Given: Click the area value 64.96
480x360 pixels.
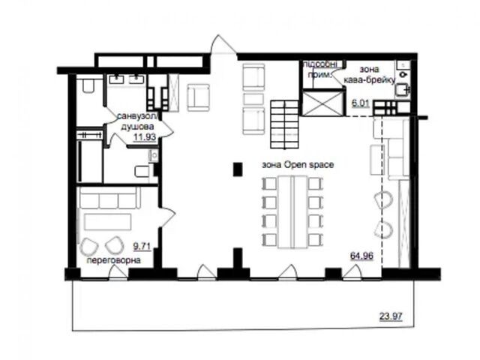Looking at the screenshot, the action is click(361, 255).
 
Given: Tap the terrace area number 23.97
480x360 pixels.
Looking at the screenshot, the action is click(391, 316).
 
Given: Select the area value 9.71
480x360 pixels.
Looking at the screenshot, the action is click(142, 247).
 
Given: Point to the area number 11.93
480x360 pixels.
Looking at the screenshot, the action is click(145, 136).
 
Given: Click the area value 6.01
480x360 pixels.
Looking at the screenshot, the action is click(361, 103).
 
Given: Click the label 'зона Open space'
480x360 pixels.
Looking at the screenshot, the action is click(298, 165).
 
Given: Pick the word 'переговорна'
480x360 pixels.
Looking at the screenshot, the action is click(113, 260).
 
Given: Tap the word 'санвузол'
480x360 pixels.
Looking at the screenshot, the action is click(136, 116).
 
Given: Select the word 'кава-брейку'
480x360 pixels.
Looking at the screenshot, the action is click(370, 80).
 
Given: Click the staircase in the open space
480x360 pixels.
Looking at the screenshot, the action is click(284, 124).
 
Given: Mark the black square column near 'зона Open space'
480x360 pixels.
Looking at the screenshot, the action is click(238, 169).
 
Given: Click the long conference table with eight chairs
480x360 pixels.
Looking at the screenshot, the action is click(292, 211).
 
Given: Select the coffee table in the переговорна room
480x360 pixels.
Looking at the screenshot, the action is click(108, 222).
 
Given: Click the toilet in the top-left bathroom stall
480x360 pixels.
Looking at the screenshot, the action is click(88, 85).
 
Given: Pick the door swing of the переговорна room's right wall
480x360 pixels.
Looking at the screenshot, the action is click(167, 217).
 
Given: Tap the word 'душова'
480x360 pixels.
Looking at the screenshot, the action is click(137, 127).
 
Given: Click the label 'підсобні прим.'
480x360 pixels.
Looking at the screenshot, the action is click(320, 70).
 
